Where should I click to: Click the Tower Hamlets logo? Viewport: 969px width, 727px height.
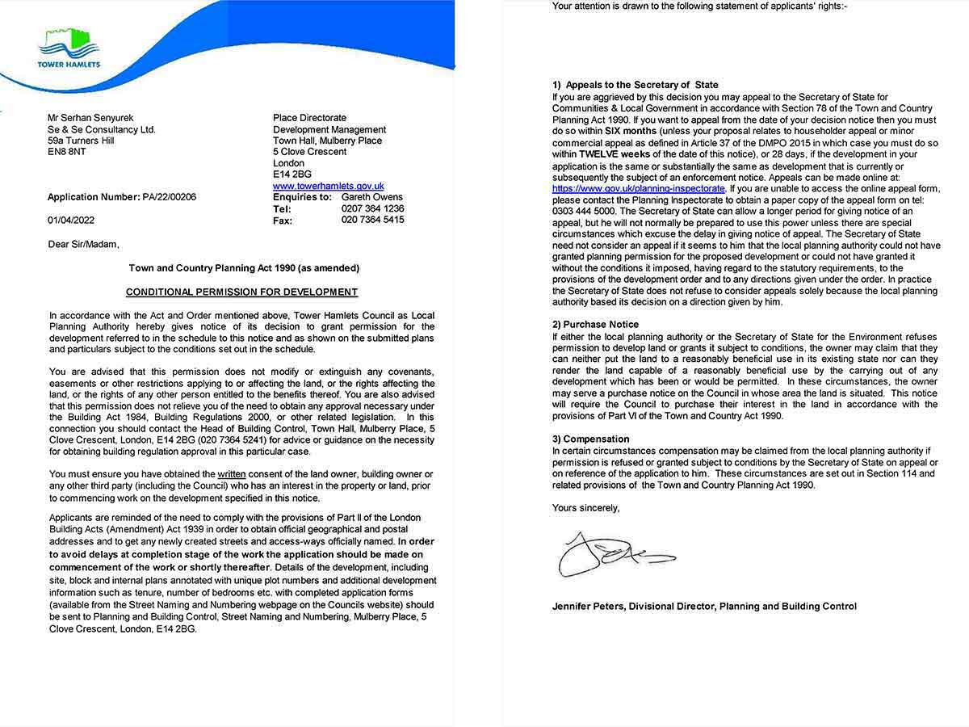(x=69, y=48)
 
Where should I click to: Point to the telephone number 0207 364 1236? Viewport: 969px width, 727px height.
(x=372, y=208)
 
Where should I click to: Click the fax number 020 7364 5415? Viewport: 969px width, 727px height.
(x=372, y=220)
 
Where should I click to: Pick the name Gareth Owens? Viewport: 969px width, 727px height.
(x=371, y=197)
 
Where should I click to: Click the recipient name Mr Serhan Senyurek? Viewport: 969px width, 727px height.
(x=90, y=118)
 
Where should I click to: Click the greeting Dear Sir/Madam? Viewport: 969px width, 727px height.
(x=83, y=244)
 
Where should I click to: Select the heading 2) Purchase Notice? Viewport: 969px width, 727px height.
(x=595, y=325)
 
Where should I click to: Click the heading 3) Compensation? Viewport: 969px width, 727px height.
(x=590, y=439)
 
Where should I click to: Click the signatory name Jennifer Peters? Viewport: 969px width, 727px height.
(x=589, y=606)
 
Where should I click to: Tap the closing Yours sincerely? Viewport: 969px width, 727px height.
(x=585, y=508)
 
